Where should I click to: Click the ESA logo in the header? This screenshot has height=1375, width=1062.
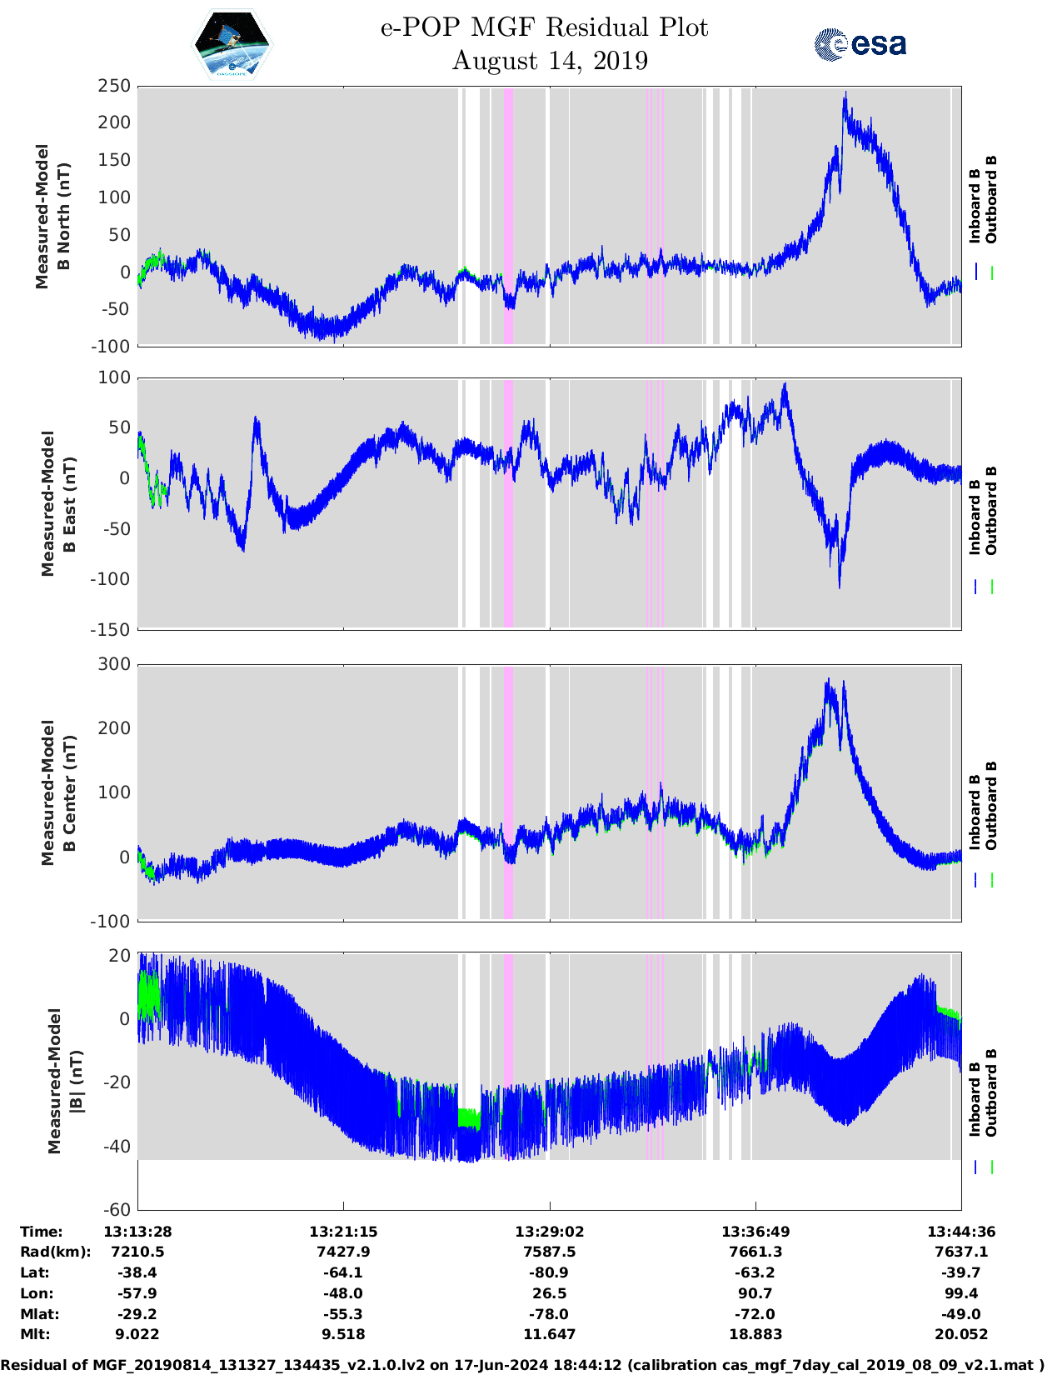pos(860,44)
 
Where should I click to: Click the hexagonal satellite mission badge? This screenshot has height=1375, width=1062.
pos(232,44)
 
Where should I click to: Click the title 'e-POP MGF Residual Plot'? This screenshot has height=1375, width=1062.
pos(544,27)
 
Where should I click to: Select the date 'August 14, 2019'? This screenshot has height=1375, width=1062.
pos(550,61)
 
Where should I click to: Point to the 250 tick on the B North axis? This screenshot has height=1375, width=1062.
pos(114,86)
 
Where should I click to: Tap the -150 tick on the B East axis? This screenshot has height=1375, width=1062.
pos(111,630)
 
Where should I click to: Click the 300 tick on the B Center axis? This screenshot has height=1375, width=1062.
pos(114,664)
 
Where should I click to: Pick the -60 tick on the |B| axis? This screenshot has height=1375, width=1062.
pos(117,1209)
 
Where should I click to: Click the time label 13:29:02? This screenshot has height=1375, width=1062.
pos(549,1232)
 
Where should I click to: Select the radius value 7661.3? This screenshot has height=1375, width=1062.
pos(755,1252)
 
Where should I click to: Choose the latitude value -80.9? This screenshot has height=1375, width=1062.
pos(549,1272)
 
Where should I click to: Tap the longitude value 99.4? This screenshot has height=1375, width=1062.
pos(961,1293)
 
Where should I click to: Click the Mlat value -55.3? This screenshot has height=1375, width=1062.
pos(343,1314)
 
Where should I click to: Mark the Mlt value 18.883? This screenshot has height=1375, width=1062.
pos(755,1334)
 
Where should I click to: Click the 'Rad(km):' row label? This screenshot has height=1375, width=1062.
pos(56,1252)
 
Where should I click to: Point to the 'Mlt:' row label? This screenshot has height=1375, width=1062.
pos(35,1334)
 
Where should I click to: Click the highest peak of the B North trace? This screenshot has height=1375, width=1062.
pos(845,94)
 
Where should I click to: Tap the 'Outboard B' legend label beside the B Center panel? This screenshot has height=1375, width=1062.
pos(991,805)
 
